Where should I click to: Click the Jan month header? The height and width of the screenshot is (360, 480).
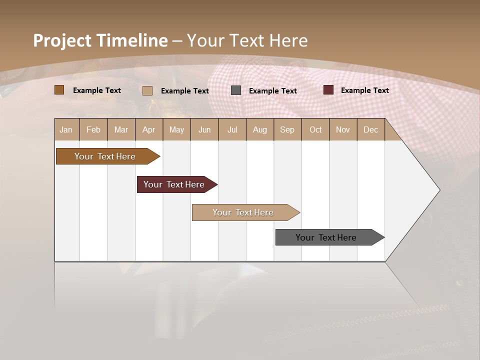coord(66,129)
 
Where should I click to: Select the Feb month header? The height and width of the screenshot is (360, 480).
coord(93,129)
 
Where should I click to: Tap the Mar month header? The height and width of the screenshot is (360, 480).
coord(121,129)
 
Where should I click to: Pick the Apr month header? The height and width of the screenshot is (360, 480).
coord(148,129)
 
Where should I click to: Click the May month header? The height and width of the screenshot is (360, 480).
coord(176,129)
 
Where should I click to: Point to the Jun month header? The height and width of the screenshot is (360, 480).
coord(204,129)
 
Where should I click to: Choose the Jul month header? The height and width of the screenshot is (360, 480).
coord(232,129)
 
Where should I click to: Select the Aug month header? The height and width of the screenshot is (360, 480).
coord(259,129)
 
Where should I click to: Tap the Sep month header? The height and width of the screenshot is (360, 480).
coord(287,129)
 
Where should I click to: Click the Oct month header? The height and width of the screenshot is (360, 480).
coord(315,129)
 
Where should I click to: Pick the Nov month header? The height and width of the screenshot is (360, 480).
coord(343,129)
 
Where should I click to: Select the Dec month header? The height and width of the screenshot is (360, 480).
coord(370,129)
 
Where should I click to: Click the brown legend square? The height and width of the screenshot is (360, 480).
coord(59,90)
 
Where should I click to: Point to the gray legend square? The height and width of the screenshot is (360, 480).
coord(236,90)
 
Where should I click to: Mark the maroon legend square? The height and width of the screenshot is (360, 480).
coord(328,90)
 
